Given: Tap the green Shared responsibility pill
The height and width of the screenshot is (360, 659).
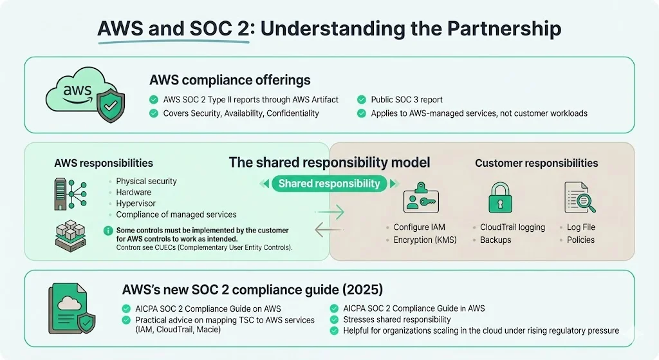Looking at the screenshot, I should [329, 184].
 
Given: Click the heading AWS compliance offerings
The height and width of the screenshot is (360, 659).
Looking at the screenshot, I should [230, 80].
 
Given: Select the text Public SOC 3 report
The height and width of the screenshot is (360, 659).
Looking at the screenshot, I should [407, 100].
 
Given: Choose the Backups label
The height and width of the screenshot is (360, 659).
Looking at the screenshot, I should [496, 240].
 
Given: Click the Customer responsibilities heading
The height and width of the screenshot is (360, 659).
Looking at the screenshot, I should [537, 163].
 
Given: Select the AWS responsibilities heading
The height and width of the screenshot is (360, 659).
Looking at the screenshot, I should [104, 163].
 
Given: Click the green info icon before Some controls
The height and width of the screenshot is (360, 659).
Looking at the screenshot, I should [107, 231].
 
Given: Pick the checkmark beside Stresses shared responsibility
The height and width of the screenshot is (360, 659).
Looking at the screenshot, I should [333, 319].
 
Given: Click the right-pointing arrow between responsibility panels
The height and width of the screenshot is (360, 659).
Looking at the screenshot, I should [329, 213].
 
